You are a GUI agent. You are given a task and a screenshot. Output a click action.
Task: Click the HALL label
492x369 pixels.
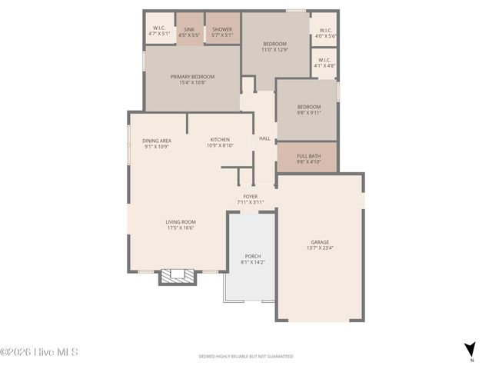264,138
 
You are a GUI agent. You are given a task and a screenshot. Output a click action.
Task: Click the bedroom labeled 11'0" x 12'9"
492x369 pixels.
275,46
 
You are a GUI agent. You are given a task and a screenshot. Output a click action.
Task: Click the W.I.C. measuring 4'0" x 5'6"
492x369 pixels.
325,33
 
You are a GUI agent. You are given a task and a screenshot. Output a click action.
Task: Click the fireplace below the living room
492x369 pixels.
178,276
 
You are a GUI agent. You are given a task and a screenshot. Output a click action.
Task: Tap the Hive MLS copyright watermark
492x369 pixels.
39,353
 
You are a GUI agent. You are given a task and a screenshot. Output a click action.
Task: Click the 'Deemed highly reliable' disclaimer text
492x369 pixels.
246,357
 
